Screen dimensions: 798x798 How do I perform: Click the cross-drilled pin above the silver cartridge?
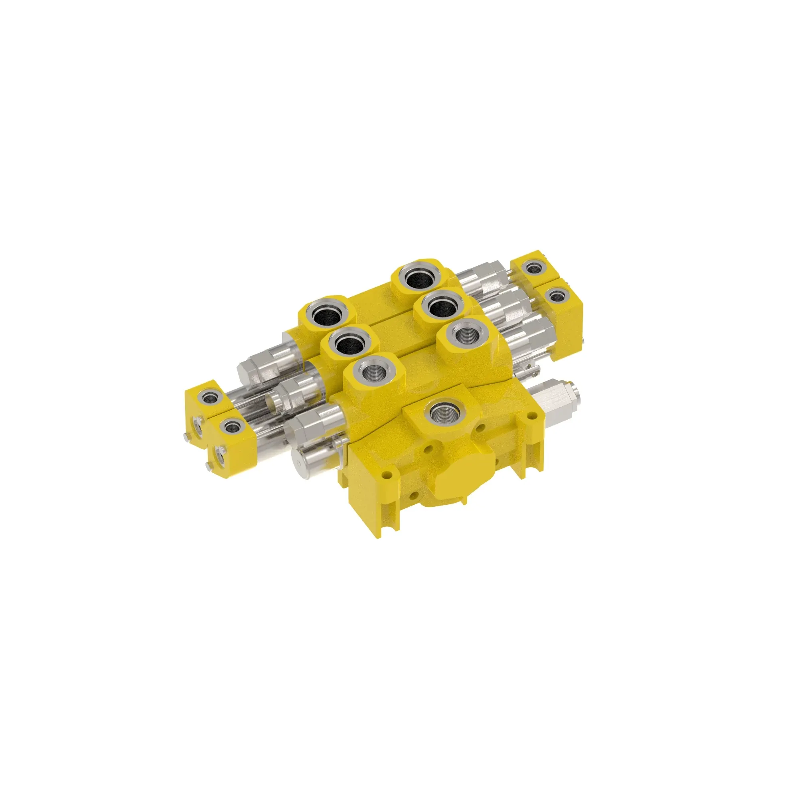[530, 372]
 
